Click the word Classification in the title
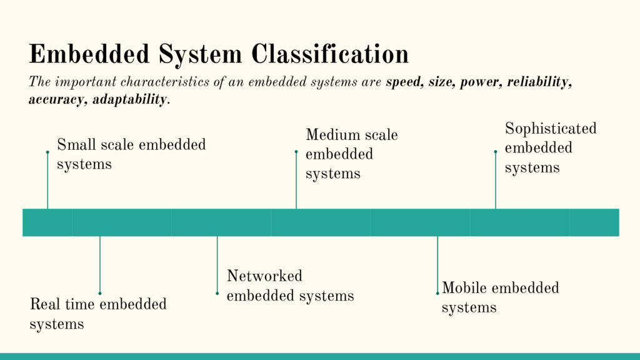coord(330,54)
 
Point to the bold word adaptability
coord(130,99)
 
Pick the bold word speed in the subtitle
coord(404,82)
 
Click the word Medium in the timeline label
coord(332,135)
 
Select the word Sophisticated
coord(551,129)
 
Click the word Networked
coord(264,276)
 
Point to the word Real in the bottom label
coord(44,304)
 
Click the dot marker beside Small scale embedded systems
coord(47,152)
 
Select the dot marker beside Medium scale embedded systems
coord(296,151)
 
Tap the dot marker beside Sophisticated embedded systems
coord(496,151)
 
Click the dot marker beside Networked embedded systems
coord(217,293)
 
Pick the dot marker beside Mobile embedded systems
coord(437,293)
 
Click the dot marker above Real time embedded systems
coord(100,293)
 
